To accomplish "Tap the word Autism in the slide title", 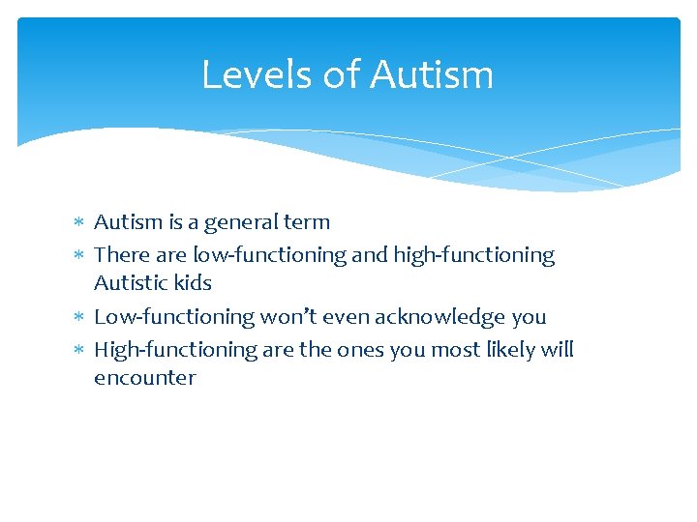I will (432, 74).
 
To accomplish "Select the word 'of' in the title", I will (342, 74).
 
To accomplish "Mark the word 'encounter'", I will (144, 378).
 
